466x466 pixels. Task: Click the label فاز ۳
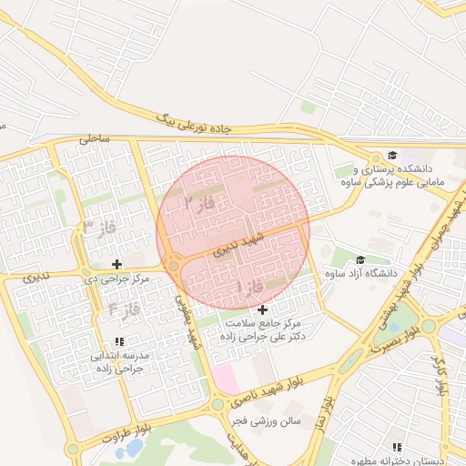[100, 226]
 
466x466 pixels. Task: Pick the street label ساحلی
[94, 139]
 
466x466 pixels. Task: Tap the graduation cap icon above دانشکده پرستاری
[392, 156]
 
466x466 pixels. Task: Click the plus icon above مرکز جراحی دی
[117, 264]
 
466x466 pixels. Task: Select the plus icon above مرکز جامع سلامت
[263, 310]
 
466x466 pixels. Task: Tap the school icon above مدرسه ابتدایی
[119, 342]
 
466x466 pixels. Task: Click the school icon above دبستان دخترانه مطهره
[396, 447]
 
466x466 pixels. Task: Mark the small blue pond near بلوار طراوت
[133, 448]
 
